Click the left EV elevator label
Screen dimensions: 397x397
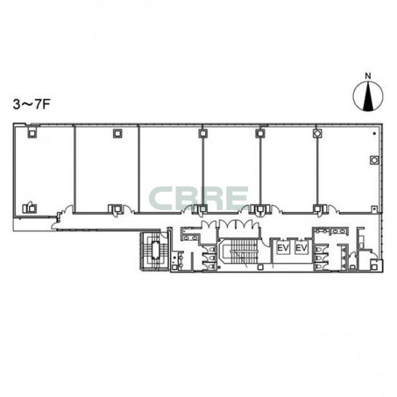(283, 247)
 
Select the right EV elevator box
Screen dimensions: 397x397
(301, 247)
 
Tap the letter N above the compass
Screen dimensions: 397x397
(368, 76)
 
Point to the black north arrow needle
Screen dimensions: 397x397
(368, 96)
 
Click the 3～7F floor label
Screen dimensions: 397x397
(31, 104)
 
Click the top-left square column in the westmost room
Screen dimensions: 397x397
(32, 133)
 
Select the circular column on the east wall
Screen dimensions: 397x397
(374, 160)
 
